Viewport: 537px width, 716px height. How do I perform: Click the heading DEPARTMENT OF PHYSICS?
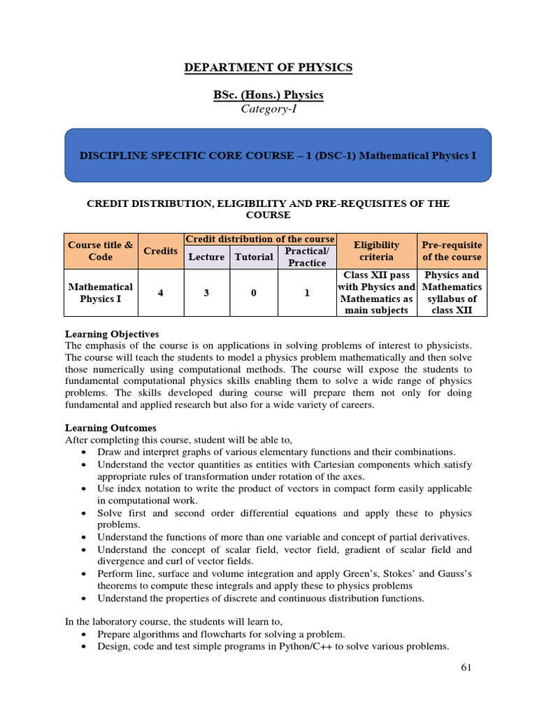point(268,68)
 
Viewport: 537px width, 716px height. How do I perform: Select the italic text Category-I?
point(268,108)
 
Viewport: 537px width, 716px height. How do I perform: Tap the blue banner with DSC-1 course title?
point(278,155)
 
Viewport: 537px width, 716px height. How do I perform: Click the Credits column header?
point(160,251)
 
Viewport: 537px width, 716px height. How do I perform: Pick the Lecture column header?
point(206,257)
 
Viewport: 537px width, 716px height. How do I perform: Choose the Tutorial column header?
point(254,257)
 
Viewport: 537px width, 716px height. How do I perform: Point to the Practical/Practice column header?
point(307,257)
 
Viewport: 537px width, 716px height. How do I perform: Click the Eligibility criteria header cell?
point(376,251)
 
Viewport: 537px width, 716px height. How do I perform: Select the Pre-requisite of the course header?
point(452,251)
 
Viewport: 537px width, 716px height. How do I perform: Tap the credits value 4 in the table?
point(160,293)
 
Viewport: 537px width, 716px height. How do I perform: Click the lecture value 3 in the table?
point(206,293)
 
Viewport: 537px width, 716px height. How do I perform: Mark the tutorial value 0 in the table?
point(254,293)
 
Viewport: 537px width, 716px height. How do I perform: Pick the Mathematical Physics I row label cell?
point(100,293)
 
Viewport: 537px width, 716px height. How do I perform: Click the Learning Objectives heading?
point(112,334)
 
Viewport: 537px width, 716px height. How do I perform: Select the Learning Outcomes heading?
point(110,428)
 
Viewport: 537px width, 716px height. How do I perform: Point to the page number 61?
point(466,668)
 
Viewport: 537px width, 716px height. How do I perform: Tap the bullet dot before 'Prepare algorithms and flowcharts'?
point(83,633)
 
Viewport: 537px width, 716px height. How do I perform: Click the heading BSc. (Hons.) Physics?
point(268,94)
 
